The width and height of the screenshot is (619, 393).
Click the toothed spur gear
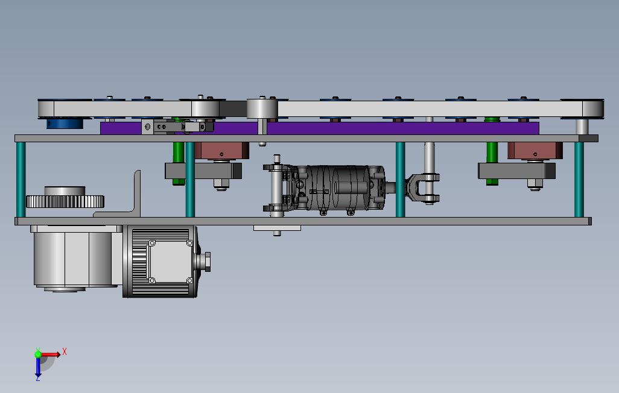[65, 201]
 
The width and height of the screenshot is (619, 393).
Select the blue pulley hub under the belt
[65, 124]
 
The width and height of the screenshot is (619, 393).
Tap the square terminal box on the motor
[170, 261]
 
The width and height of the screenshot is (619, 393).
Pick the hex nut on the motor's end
[206, 262]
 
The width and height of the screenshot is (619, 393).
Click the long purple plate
[320, 128]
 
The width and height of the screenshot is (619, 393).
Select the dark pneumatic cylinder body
[340, 187]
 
